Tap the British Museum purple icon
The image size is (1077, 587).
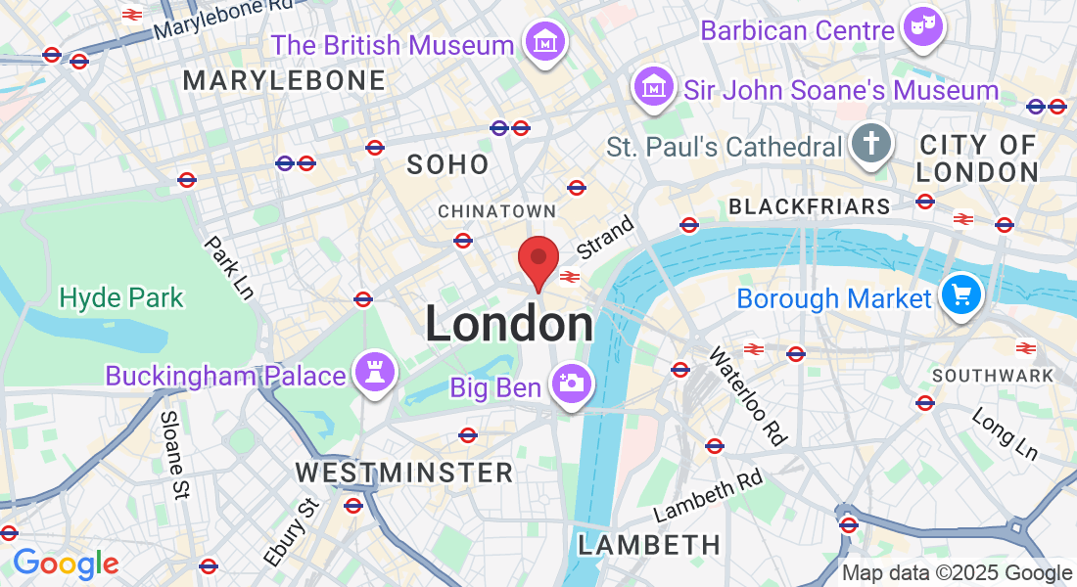(542, 42)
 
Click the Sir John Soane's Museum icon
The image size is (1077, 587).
(652, 88)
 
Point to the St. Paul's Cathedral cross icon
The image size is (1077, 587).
(868, 145)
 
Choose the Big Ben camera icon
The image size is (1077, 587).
(569, 384)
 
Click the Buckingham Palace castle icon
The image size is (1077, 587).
(374, 373)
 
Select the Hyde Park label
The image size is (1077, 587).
(121, 297)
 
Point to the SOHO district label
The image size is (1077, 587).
(448, 164)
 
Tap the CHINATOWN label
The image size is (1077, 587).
(496, 211)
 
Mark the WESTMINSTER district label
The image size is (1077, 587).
(404, 474)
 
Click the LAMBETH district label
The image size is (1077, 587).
(649, 545)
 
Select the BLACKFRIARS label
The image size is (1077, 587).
(810, 206)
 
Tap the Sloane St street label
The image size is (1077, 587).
(173, 455)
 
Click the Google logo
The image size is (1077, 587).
(66, 564)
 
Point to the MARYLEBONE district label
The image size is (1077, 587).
(284, 80)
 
